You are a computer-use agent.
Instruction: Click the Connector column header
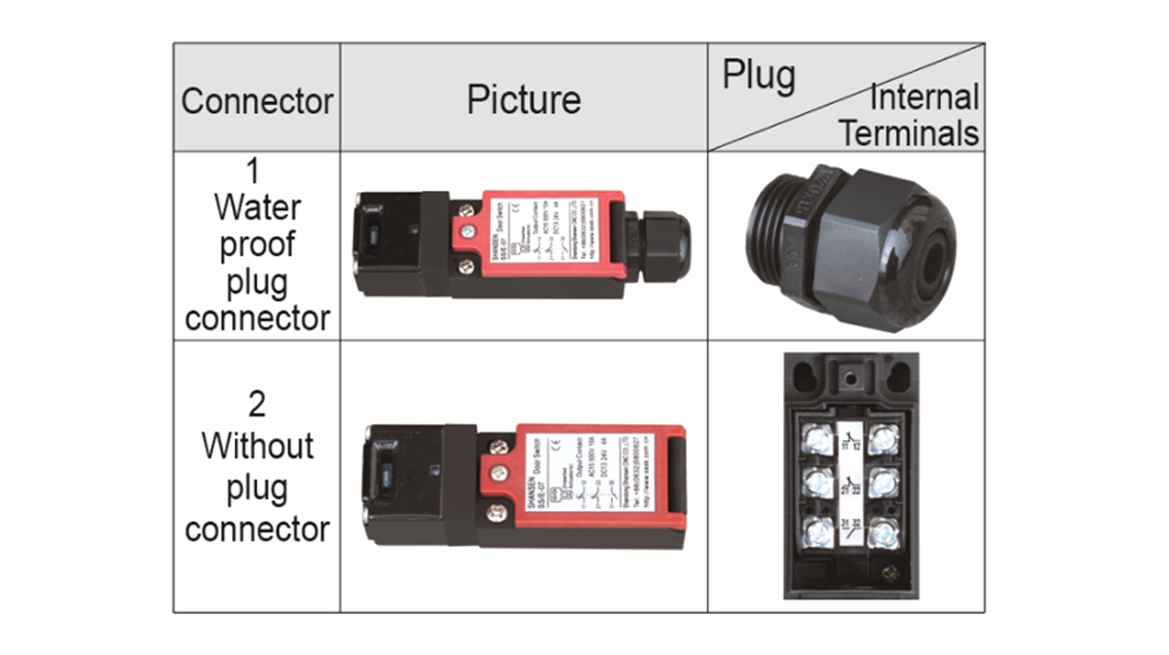[257, 100]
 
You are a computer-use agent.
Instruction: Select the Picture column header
[523, 99]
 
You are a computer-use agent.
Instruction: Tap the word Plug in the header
[758, 76]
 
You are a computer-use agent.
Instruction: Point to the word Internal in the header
[924, 97]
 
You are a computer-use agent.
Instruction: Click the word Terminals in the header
[908, 132]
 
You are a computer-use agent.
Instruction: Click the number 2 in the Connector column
[256, 404]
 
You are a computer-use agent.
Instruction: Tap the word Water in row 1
[257, 206]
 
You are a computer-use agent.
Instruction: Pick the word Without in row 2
[257, 446]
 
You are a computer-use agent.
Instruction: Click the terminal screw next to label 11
[815, 437]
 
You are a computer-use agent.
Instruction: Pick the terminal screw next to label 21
[815, 484]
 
